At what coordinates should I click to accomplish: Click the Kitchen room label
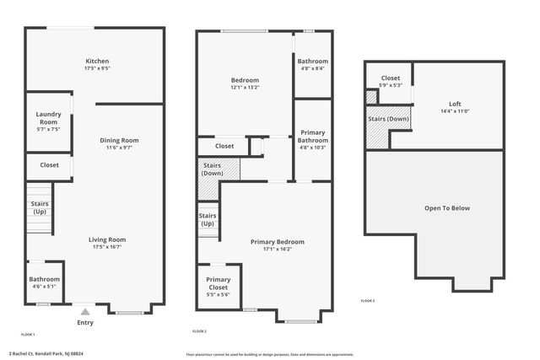tap(97, 62)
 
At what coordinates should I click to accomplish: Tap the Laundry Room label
tap(47, 118)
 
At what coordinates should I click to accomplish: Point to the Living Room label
tap(107, 239)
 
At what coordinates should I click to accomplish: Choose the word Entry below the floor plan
tap(85, 322)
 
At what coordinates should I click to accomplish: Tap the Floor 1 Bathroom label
tap(45, 279)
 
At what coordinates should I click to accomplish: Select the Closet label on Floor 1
tap(49, 165)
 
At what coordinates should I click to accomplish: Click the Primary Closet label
tap(219, 283)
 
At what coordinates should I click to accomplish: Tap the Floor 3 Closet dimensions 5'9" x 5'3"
tap(389, 84)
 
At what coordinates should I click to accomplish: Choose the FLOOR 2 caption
tap(199, 330)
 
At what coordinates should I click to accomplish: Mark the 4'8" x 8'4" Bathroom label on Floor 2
tap(312, 68)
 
